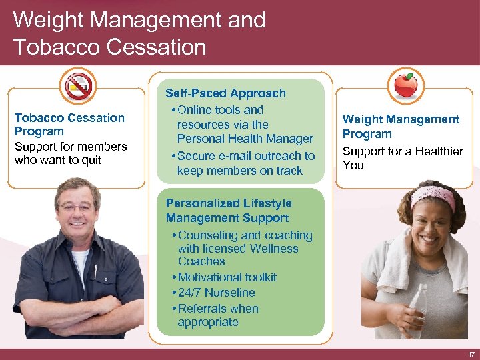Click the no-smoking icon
79,85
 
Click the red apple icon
405,85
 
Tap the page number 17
471,354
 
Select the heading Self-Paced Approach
225,93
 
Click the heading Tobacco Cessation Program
69,125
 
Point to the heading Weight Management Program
401,126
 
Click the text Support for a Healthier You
402,158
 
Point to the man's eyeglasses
77,207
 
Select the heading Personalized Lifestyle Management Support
228,211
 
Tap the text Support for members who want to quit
70,153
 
